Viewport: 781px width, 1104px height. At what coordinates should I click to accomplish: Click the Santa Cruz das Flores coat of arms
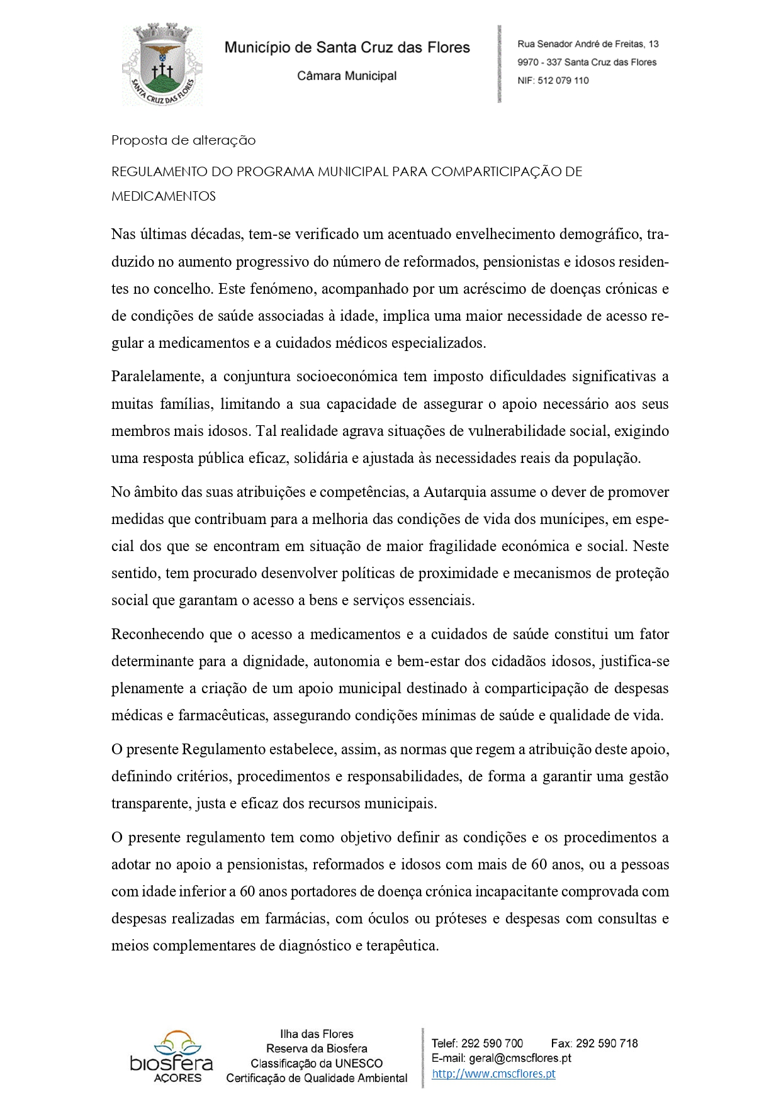point(162,65)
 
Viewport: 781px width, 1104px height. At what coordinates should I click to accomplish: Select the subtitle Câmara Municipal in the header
point(347,76)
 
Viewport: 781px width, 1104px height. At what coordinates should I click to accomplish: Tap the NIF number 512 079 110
point(563,81)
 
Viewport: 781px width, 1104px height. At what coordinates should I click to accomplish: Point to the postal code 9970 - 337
point(539,62)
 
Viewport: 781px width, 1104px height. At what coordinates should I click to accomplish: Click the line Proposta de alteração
point(183,140)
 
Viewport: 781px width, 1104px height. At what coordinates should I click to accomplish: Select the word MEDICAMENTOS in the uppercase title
point(164,196)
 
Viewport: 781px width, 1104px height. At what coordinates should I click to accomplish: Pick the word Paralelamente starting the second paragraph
point(157,377)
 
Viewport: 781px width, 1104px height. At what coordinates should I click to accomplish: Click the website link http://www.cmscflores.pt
point(493,1074)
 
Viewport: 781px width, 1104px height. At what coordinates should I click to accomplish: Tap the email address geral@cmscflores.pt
point(520,1058)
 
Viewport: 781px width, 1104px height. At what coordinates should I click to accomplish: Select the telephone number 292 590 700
point(492,1043)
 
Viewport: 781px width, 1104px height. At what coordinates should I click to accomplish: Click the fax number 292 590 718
point(607,1043)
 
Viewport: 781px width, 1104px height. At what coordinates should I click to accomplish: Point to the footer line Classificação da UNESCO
point(317,1063)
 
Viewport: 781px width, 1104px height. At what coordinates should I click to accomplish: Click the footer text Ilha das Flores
point(317,1034)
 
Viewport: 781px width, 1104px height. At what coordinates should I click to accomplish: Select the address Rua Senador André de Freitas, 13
point(588,44)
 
